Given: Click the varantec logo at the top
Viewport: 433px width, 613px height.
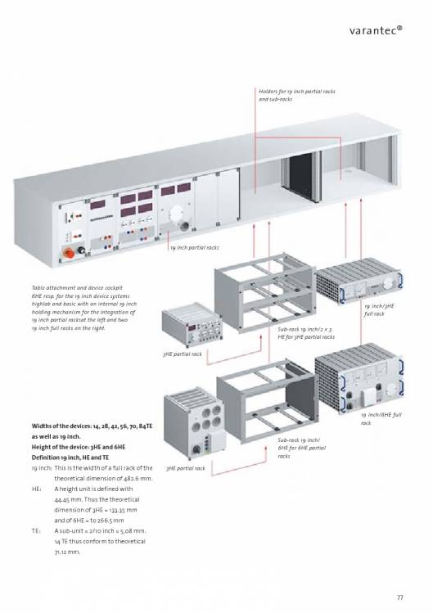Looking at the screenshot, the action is (x=376, y=30).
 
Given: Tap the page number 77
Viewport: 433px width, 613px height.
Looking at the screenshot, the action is (x=399, y=597).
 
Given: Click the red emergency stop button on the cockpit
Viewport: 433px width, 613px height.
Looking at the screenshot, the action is (x=69, y=253).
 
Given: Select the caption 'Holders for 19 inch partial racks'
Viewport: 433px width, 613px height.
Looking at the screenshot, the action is (x=297, y=92).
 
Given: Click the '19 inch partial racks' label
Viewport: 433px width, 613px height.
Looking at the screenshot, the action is (x=195, y=247).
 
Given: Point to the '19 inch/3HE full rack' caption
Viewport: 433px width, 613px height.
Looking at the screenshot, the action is (x=379, y=309).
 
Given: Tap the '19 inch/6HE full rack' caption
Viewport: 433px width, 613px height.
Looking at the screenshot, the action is (x=381, y=419).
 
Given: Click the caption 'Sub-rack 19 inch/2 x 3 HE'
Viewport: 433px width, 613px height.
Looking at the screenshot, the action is (x=306, y=333).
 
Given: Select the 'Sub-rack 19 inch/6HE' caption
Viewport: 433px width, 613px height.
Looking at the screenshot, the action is (x=301, y=448).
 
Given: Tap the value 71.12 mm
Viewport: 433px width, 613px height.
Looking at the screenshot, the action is (x=67, y=552).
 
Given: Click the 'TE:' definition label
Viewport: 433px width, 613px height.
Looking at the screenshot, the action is (x=35, y=531).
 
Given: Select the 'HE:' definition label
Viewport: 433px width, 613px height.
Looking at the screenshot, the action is (x=36, y=489).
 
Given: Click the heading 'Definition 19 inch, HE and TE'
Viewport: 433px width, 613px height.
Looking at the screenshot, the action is (x=70, y=457).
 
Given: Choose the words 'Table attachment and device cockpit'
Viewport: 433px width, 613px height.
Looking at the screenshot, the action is (x=77, y=288).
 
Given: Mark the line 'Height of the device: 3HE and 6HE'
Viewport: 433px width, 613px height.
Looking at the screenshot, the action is (x=79, y=447).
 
